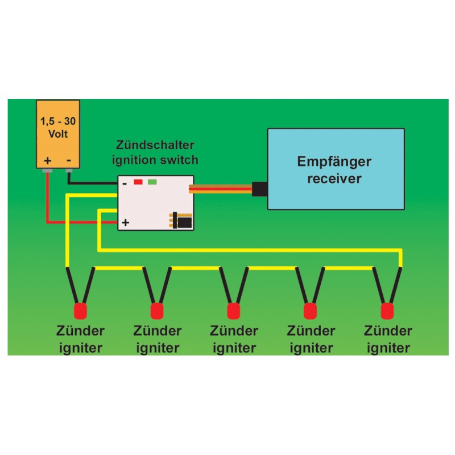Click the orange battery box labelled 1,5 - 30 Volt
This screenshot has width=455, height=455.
point(58,134)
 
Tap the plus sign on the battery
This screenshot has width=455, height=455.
point(48,160)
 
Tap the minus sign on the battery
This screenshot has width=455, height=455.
point(69,160)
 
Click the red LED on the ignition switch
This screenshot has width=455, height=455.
point(138,183)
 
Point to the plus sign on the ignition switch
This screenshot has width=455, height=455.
point(125,222)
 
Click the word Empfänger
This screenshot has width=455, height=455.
point(334,162)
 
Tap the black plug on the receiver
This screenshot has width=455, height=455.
point(259,189)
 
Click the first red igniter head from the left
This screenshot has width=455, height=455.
point(80,311)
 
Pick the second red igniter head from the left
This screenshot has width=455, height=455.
point(156,311)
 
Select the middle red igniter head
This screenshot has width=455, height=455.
point(233,311)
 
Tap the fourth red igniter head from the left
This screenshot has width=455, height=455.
point(311,311)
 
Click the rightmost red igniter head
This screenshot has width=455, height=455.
point(388,311)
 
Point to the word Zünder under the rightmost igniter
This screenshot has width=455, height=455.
point(388,331)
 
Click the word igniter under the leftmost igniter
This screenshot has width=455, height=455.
point(80,348)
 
